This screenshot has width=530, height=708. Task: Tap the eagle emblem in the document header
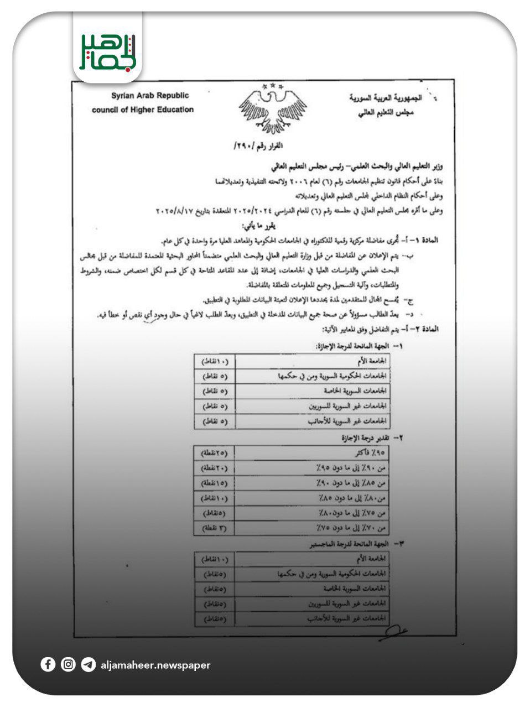[x=272, y=109]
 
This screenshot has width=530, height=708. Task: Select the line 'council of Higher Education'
[x=143, y=110]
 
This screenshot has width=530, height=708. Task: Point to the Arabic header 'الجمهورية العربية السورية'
[x=385, y=98]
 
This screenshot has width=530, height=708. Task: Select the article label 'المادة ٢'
[x=427, y=329]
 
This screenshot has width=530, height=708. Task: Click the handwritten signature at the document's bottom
[x=394, y=632]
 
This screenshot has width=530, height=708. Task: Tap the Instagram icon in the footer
[x=68, y=664]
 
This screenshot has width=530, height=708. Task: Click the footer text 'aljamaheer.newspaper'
[x=155, y=665]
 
